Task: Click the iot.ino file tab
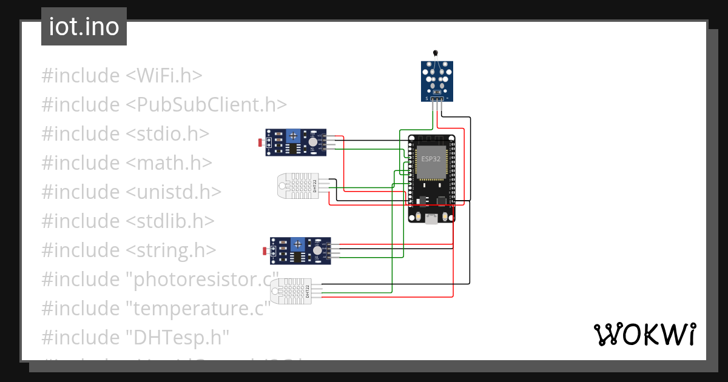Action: coord(84,27)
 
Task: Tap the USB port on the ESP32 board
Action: coord(431,219)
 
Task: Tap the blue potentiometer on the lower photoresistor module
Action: coord(297,244)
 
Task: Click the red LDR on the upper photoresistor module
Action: coord(261,142)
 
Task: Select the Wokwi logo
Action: coord(644,335)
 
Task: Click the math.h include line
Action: coord(127,163)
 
